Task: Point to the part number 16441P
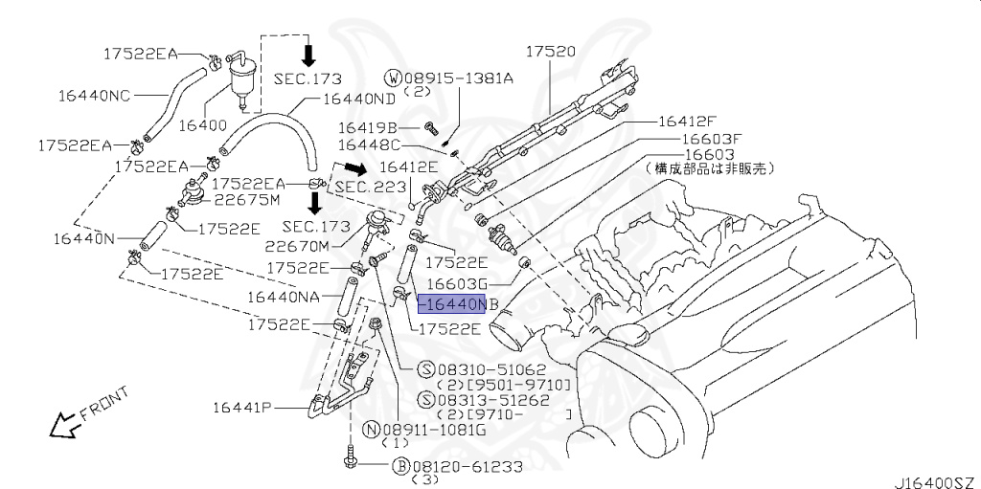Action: tap(243, 408)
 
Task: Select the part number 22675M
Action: tap(246, 200)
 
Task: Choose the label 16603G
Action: tap(457, 283)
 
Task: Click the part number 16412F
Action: tap(686, 122)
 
